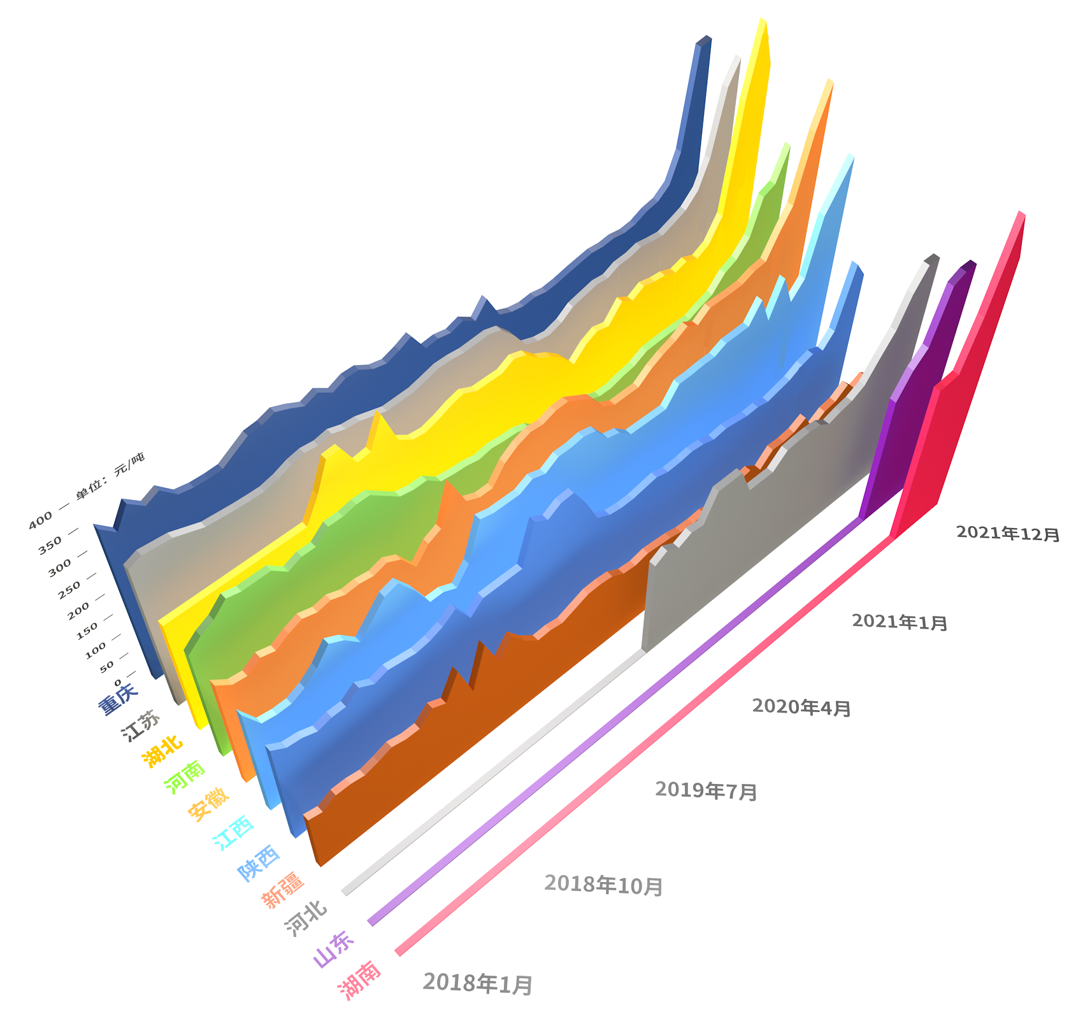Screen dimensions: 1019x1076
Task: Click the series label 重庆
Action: pos(117,698)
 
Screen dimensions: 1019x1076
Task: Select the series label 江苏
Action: pos(141,725)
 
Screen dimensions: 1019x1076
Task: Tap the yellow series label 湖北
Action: pos(162,752)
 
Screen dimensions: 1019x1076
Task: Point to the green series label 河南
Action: pos(185,776)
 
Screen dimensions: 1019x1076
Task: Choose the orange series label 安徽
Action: pos(208,804)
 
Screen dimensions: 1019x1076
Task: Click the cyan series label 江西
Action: pos(233,832)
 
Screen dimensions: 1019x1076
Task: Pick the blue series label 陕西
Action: pos(259,862)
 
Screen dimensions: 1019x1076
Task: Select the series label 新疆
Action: pos(283,890)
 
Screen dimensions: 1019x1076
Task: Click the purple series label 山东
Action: pos(334,949)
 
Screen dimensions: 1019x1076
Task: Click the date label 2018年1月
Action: pos(478,983)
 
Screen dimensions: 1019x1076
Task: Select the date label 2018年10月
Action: pos(603,885)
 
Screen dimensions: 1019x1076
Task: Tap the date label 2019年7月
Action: pos(706,790)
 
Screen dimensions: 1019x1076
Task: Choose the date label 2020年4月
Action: pos(801,706)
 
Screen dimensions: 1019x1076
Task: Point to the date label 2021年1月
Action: pos(900,622)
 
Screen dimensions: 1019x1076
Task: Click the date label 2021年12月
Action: pos(1007,533)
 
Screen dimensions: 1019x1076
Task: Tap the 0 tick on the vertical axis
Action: pos(118,683)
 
